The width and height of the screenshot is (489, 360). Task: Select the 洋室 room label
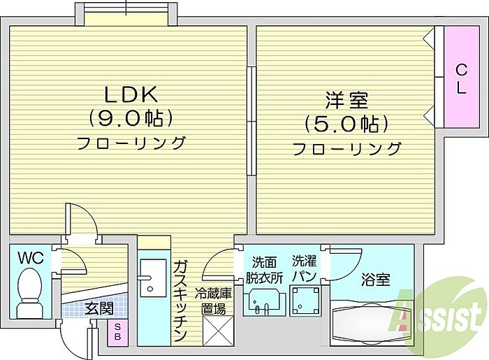coord(346,100)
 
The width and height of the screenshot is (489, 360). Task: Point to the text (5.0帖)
coord(346,124)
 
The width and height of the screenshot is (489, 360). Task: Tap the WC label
coord(31,258)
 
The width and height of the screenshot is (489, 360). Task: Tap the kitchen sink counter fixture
coord(152,287)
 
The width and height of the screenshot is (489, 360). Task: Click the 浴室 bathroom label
coord(376,280)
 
